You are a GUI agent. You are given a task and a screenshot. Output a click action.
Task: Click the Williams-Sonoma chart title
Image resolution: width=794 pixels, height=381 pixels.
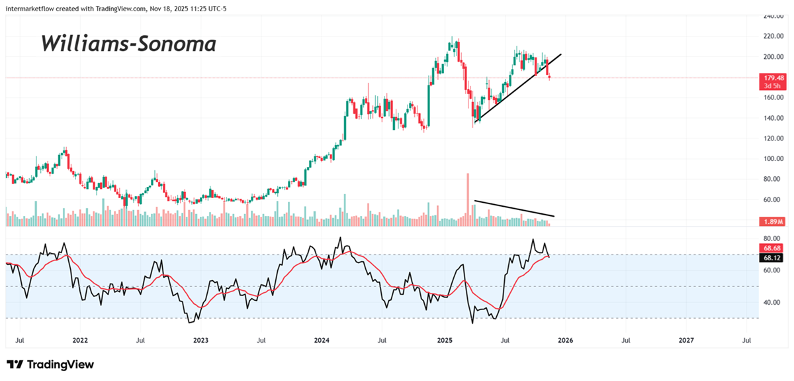pyautogui.click(x=128, y=44)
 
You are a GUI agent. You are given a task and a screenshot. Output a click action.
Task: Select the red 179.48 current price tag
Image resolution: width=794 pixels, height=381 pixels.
pyautogui.click(x=772, y=77)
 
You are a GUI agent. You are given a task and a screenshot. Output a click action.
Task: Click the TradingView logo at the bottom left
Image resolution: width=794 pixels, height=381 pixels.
pyautogui.click(x=50, y=364)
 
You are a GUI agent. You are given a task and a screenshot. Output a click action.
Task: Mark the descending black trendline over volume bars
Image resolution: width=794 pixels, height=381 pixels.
pyautogui.click(x=514, y=208)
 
